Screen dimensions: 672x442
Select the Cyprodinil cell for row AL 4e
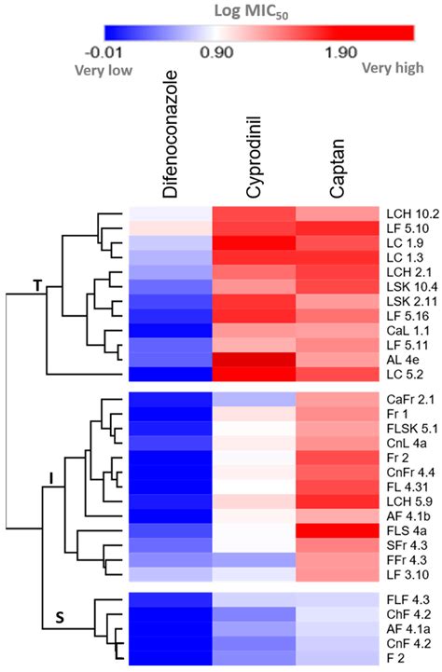[x=255, y=359]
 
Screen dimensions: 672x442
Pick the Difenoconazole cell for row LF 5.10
[x=171, y=227]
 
